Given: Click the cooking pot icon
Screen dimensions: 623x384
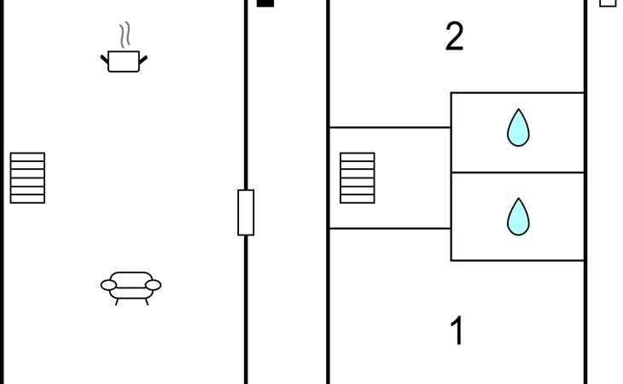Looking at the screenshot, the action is point(124,61).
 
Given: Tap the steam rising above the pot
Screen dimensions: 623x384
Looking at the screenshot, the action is point(125,35).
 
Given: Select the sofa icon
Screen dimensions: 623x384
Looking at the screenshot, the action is point(131,288).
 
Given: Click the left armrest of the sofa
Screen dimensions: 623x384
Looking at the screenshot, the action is point(108,285).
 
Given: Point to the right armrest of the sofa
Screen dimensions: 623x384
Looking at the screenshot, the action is point(154,285).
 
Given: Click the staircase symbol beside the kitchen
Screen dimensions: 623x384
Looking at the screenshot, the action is point(27,177).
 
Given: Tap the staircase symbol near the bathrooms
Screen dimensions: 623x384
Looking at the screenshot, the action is point(358,177).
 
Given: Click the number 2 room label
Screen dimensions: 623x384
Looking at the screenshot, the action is point(455,36).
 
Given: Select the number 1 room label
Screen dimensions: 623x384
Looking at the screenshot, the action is point(457,330).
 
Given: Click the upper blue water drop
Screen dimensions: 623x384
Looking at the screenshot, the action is point(518,128).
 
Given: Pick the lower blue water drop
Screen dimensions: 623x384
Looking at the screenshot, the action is point(518,217).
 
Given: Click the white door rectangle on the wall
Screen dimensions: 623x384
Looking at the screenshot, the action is point(246,212).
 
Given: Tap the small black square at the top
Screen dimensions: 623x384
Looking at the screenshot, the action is point(265,3).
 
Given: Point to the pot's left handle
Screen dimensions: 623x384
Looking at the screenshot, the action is point(105,60).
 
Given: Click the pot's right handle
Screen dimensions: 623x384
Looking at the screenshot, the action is point(143,60).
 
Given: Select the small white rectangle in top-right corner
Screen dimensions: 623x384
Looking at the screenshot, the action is point(608,3).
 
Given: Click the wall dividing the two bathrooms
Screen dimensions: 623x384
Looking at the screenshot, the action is point(518,172).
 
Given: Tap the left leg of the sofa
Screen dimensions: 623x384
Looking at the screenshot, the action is point(117,302).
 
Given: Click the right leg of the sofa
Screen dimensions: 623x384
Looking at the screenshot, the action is point(147,302).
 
